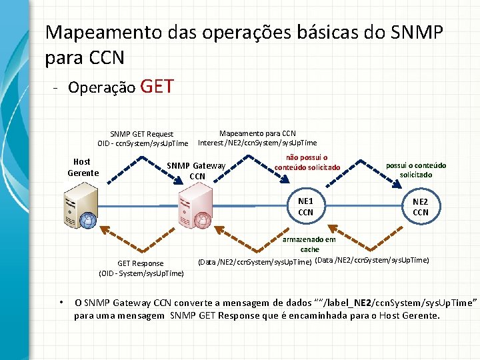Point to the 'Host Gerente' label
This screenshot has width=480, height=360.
tap(82, 167)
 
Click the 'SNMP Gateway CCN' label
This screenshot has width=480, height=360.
tap(196, 171)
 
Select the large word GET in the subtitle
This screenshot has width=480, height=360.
tap(158, 87)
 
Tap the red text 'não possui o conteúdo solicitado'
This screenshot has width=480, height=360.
tap(307, 162)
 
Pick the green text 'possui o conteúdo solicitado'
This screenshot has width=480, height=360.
tap(416, 169)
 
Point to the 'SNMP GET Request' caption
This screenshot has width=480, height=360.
tap(141, 134)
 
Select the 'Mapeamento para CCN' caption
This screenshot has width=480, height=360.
tap(257, 133)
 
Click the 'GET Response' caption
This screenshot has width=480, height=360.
tap(140, 263)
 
